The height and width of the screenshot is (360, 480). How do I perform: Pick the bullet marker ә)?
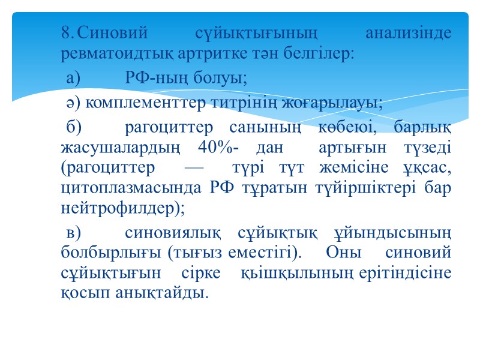pyautogui.click(x=74, y=103)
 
